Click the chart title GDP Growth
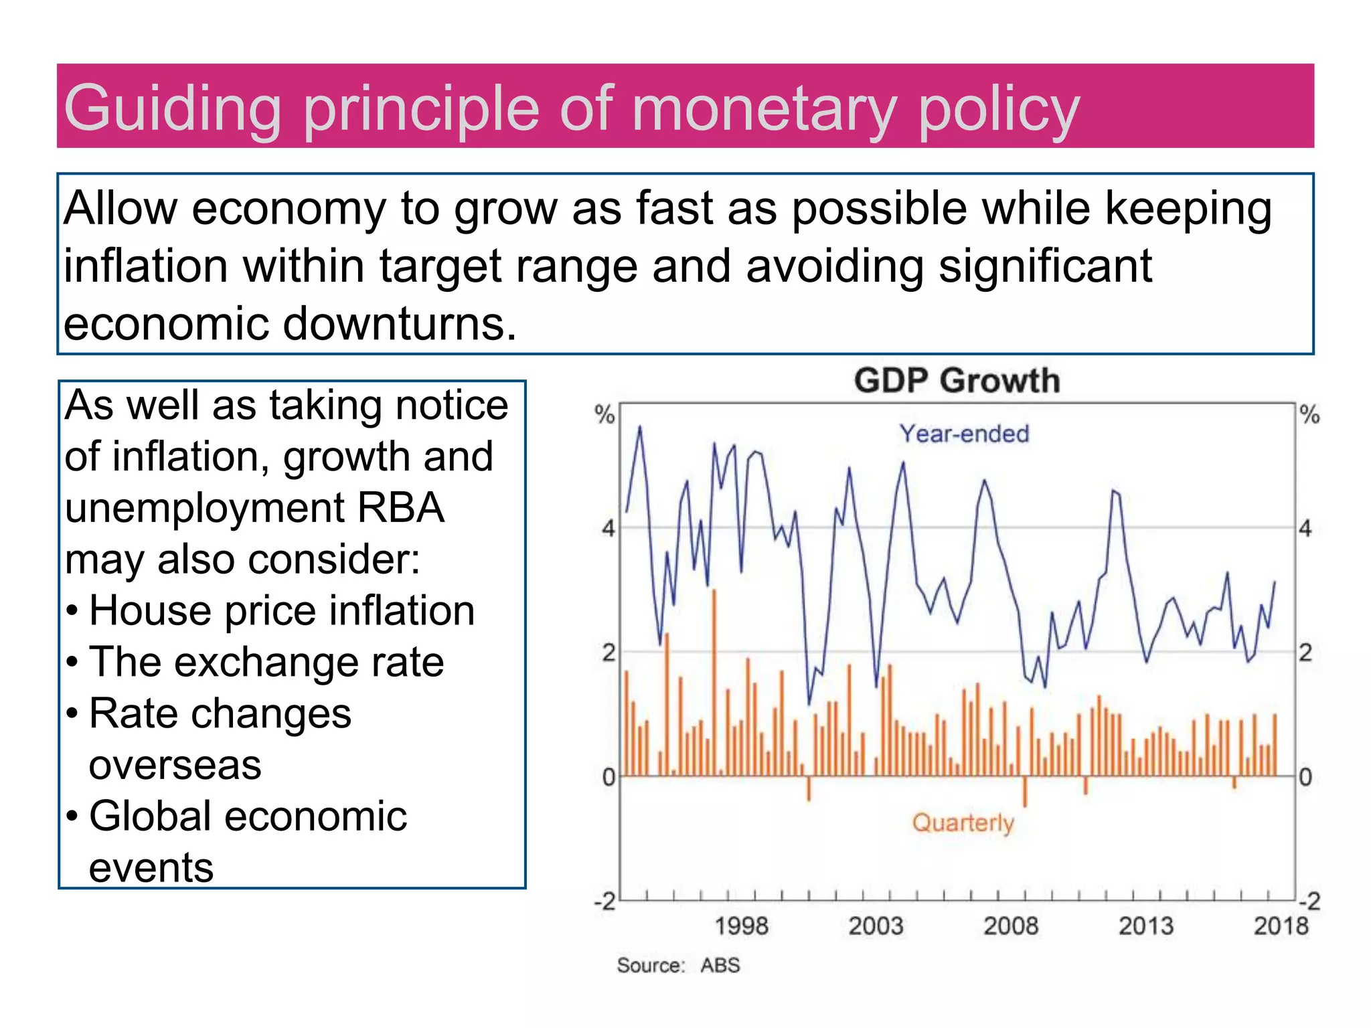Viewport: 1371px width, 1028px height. [957, 381]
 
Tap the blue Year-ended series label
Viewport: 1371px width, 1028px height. [963, 434]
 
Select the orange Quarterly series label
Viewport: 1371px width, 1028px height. [963, 823]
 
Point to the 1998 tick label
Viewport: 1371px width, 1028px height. [741, 926]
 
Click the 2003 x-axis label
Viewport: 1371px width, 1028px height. [876, 926]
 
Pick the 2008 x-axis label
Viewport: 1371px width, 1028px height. [1011, 926]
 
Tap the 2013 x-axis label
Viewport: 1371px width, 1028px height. [1146, 926]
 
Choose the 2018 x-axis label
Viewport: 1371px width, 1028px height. [1280, 926]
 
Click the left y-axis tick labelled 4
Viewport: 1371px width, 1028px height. [607, 529]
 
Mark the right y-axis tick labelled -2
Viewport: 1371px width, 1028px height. [1309, 902]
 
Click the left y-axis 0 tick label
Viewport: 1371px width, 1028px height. [608, 778]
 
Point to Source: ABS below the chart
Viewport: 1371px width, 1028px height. [678, 965]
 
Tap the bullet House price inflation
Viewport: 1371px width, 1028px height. [281, 610]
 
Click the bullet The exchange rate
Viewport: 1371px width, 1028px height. [266, 662]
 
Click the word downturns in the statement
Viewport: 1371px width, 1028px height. [399, 324]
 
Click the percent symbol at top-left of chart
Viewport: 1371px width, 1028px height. [604, 415]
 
